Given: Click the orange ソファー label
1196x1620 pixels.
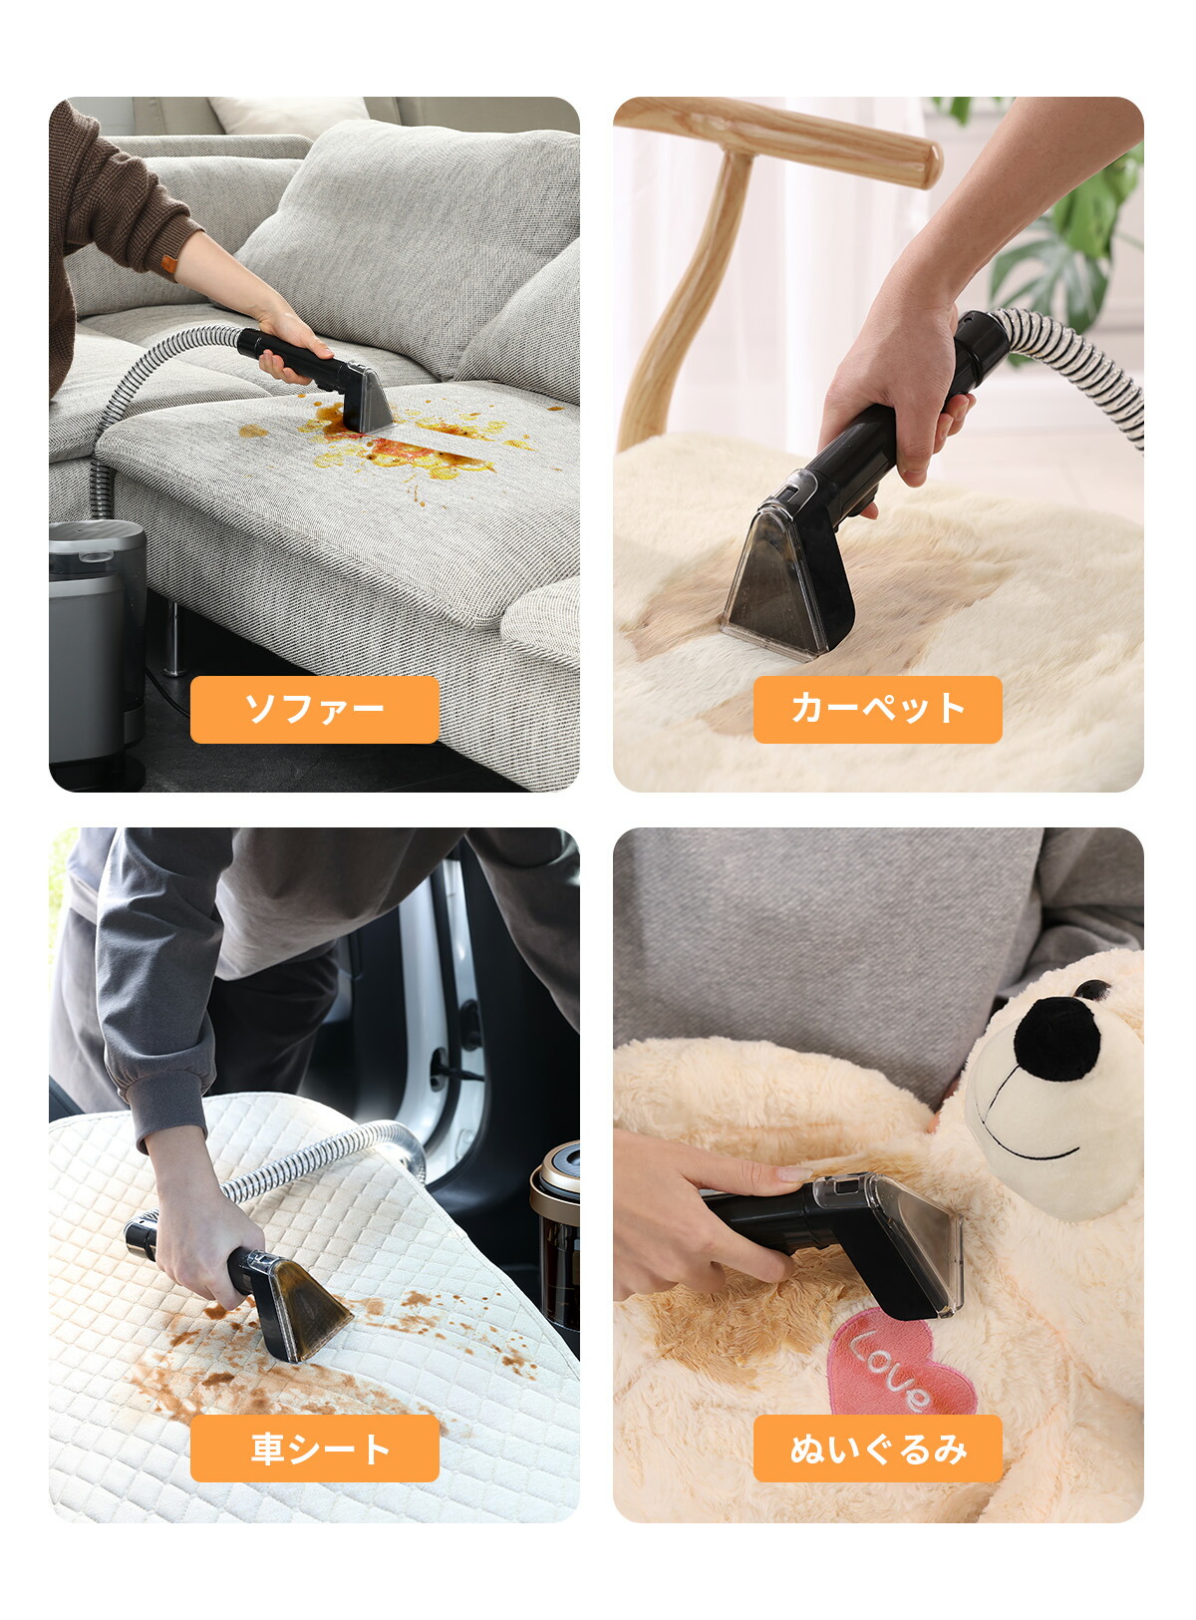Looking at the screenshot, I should [314, 709].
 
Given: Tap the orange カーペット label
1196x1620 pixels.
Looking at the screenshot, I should [877, 709].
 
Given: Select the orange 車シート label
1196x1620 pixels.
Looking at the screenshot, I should [314, 1448].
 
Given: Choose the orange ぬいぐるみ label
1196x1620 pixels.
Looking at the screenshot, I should [877, 1448].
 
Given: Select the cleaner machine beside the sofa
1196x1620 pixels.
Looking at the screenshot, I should [96, 648].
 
